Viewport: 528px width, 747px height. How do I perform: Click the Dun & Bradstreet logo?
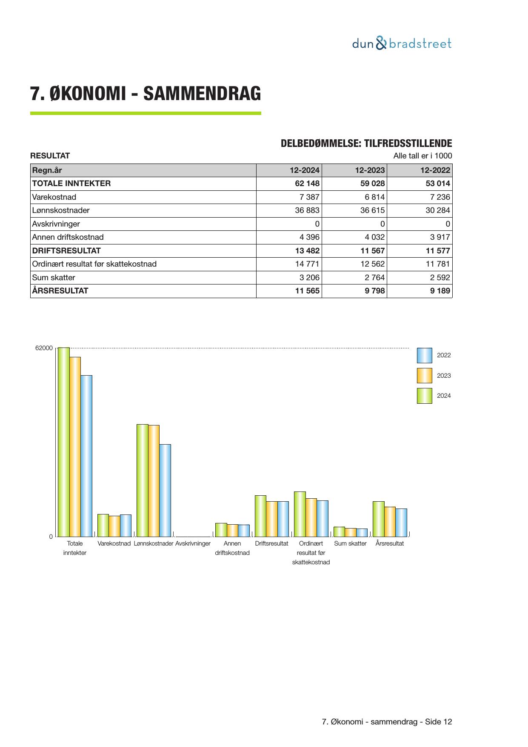click(402, 43)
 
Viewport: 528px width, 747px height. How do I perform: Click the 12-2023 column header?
click(370, 170)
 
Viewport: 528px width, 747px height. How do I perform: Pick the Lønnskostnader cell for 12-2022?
click(437, 210)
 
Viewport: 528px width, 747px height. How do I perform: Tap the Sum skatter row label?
click(54, 278)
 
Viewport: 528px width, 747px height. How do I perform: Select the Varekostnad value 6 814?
click(374, 197)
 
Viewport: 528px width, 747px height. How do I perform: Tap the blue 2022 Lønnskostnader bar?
click(165, 490)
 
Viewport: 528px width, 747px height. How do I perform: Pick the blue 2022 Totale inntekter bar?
click(86, 456)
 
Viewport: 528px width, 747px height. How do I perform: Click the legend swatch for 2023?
click(424, 376)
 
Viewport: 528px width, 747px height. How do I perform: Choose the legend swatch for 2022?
click(424, 355)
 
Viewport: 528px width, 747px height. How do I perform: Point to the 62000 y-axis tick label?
click(44, 348)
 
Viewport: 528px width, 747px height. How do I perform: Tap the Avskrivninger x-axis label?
click(193, 543)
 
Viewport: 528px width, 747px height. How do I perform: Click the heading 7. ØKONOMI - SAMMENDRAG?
click(146, 94)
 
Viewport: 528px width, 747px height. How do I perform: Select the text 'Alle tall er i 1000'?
click(422, 156)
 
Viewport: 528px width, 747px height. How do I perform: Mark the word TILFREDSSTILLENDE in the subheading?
click(408, 144)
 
